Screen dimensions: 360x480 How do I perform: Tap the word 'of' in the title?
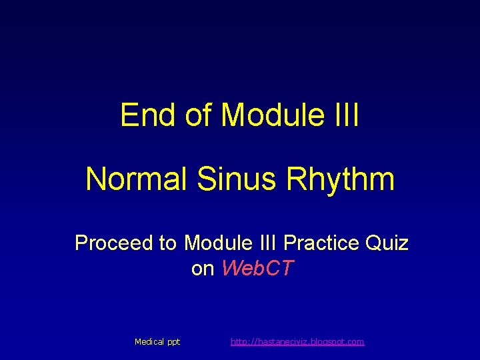(198, 115)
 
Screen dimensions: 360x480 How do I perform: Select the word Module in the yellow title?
(269, 115)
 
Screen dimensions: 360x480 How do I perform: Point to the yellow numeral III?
(344, 115)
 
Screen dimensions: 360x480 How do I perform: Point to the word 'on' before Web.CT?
(203, 269)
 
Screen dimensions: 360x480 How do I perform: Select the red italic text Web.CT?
(257, 269)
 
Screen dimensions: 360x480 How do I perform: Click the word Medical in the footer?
(149, 342)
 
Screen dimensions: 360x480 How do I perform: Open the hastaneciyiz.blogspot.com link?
(297, 342)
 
